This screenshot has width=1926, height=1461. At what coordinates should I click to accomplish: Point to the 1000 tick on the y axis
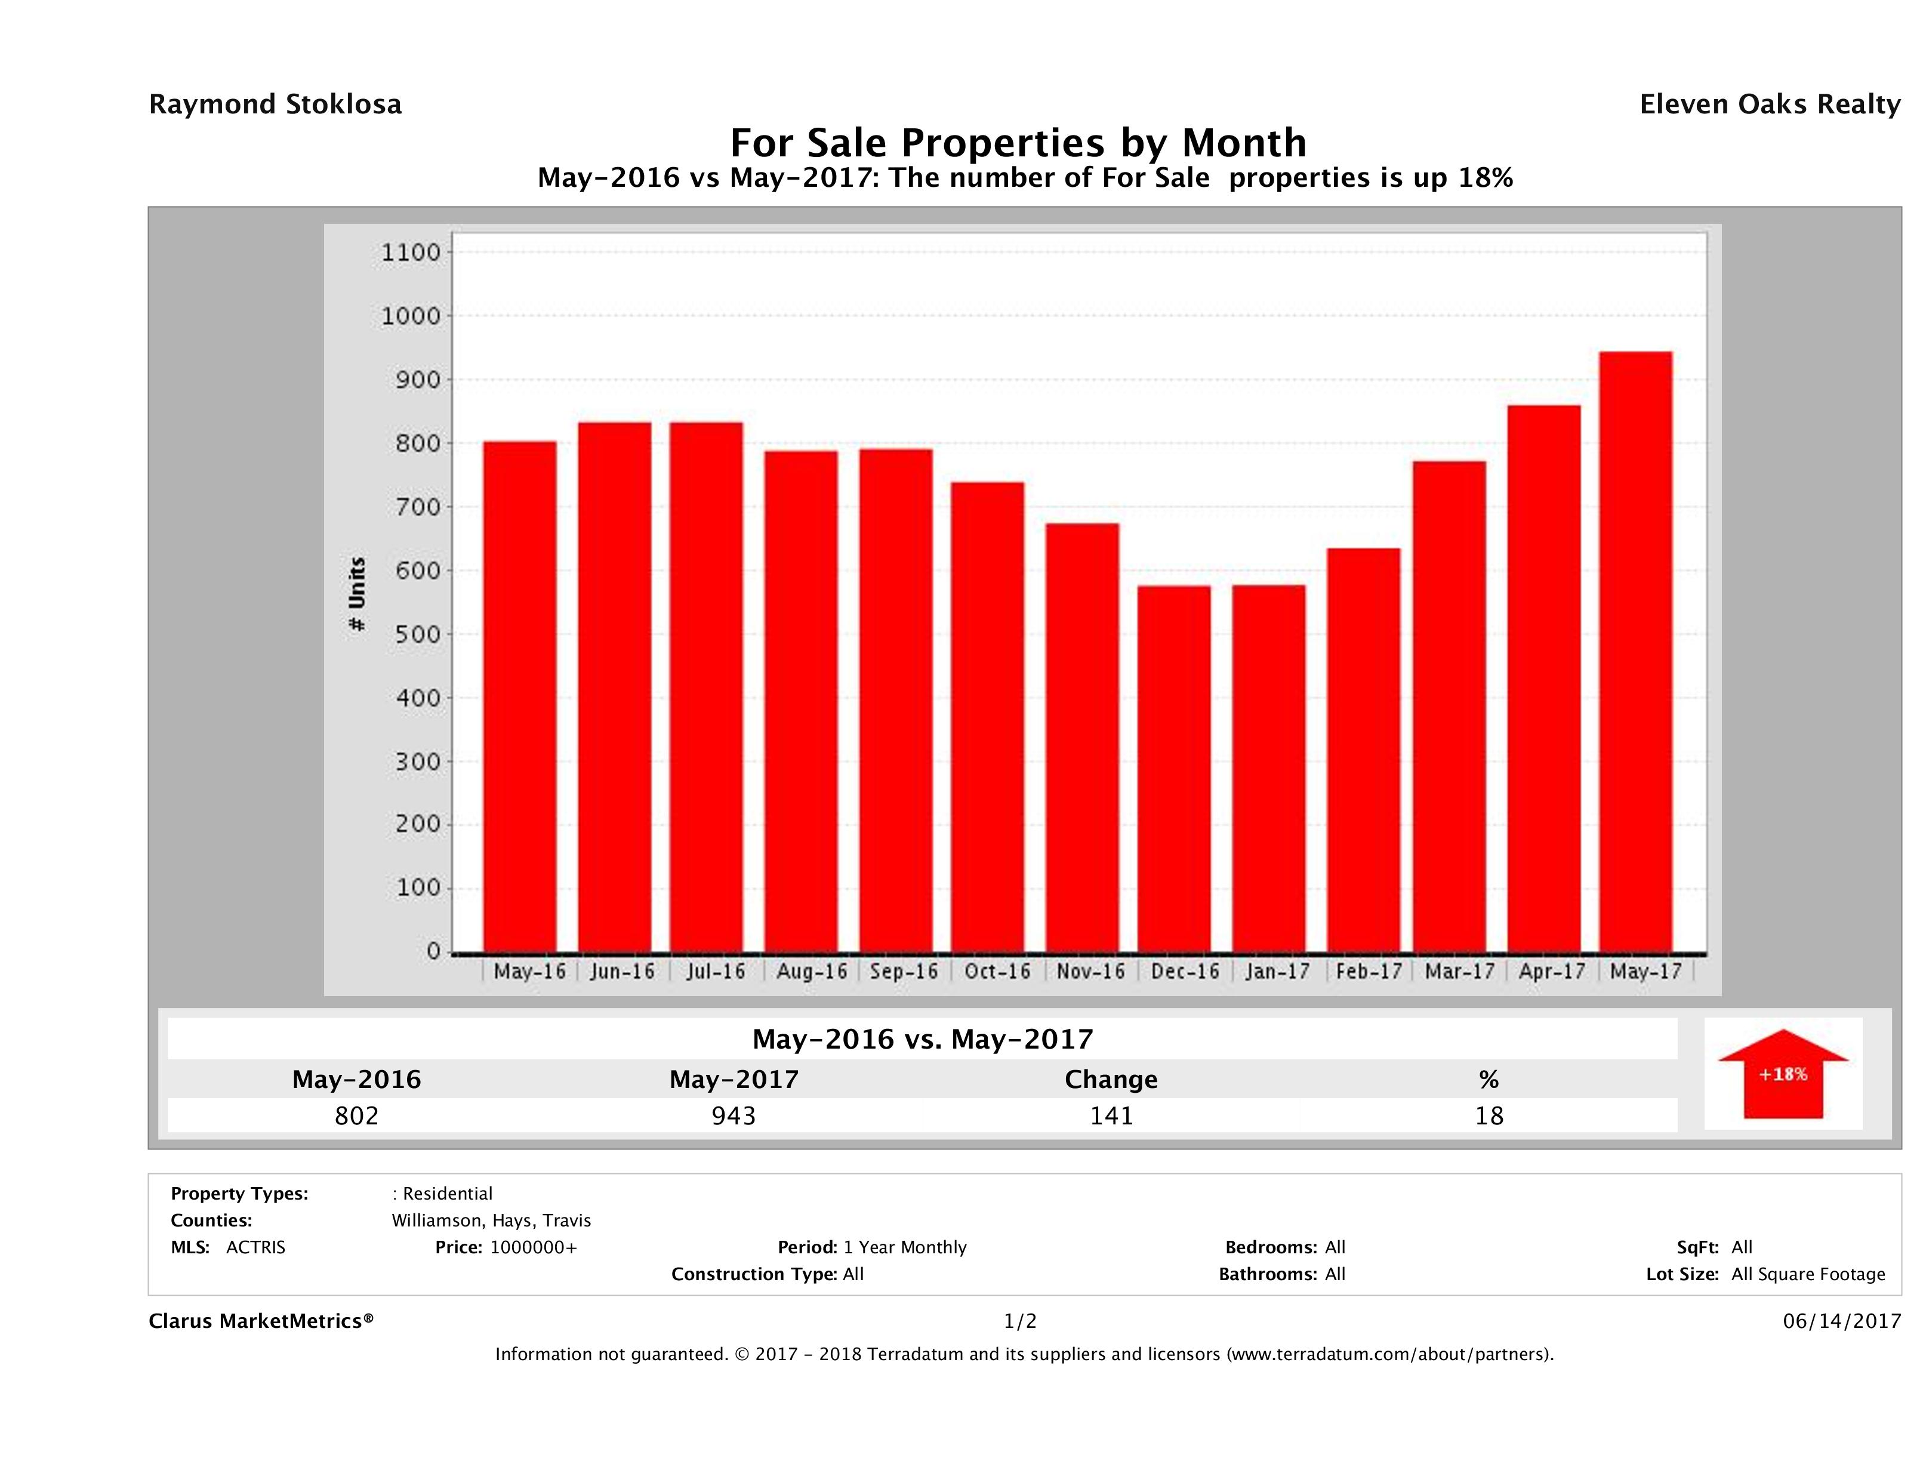[411, 316]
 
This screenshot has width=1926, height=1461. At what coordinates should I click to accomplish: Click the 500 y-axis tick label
[411, 634]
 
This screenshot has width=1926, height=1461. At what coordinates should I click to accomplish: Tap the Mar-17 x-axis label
[1459, 972]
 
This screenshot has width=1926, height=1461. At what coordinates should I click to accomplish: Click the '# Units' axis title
[357, 594]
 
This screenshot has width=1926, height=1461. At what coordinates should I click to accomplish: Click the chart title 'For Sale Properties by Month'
[1018, 142]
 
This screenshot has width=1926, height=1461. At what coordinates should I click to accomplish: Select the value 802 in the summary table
[356, 1115]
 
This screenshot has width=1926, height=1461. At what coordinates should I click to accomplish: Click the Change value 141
[1111, 1115]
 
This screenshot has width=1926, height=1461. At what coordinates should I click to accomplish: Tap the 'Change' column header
[1111, 1080]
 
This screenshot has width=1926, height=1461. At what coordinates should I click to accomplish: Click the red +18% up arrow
[1782, 1074]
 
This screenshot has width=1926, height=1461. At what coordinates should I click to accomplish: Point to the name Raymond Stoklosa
[275, 104]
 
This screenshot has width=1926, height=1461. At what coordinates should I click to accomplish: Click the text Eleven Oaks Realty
[1769, 104]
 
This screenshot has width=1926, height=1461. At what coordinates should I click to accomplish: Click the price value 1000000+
[533, 1247]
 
